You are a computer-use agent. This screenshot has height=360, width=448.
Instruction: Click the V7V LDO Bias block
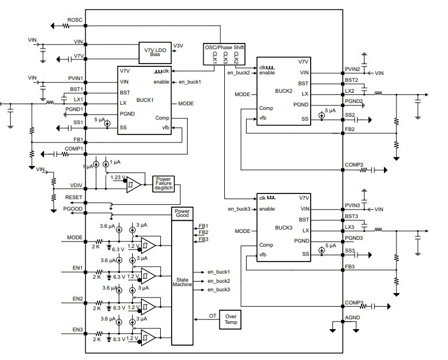point(155,53)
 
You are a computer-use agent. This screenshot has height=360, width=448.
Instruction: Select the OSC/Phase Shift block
point(224,54)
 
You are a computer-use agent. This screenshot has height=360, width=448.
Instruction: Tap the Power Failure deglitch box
point(164,184)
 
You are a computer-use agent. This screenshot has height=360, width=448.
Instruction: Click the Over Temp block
point(230,319)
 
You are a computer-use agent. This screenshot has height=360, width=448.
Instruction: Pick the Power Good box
point(183,213)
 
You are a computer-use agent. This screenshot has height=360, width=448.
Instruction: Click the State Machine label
point(183,282)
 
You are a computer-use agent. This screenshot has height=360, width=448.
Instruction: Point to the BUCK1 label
point(145,100)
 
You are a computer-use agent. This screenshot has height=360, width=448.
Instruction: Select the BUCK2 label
point(284,91)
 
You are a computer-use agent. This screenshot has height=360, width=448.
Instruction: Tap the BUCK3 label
point(284,228)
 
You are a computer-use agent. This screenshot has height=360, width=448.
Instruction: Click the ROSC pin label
point(75,20)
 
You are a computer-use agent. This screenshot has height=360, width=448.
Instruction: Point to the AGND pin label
point(352,318)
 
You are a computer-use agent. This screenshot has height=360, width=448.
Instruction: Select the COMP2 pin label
point(354,165)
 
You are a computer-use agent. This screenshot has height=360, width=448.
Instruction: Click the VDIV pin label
point(76,185)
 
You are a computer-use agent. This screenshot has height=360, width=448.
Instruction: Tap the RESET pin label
point(74,197)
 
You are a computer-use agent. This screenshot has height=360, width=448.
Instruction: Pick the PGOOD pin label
point(73,209)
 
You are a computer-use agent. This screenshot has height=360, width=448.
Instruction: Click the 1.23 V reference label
point(118,177)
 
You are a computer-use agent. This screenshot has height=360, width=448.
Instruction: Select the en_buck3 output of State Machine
point(219,290)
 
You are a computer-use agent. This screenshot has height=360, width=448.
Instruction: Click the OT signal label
point(213,316)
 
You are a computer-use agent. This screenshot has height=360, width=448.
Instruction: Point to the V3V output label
point(179,46)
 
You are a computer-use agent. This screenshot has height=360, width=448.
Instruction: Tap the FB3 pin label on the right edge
point(350,267)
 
